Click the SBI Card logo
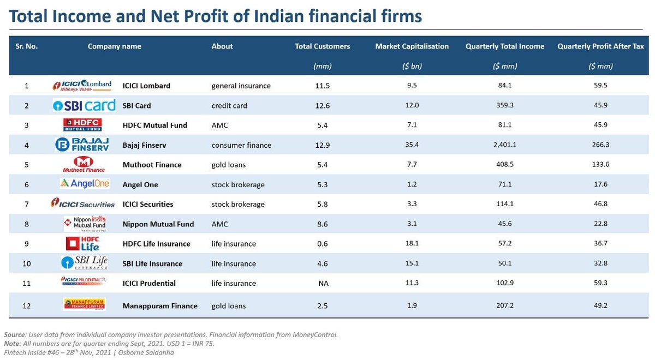(x=84, y=105)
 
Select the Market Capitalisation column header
(x=412, y=46)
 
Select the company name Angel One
(x=140, y=184)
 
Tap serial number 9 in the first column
(x=26, y=244)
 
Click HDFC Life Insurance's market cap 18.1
(x=412, y=244)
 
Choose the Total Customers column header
(x=322, y=46)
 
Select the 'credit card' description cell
(x=229, y=105)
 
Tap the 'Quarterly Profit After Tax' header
(x=600, y=46)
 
